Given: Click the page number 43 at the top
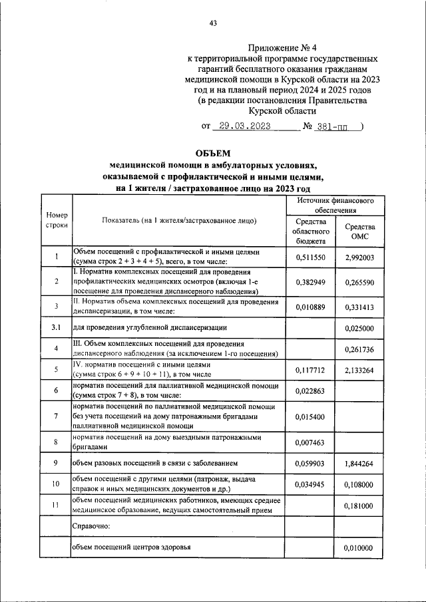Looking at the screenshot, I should (x=213, y=24).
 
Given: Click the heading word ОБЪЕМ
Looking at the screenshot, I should (x=213, y=154).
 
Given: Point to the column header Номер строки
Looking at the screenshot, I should (x=57, y=221).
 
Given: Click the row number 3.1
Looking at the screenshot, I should (x=57, y=328).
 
